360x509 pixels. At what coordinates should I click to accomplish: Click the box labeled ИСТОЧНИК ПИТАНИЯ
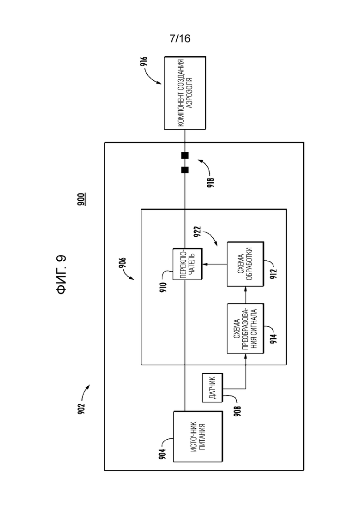click(198, 437)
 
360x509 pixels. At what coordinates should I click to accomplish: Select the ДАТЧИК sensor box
click(212, 388)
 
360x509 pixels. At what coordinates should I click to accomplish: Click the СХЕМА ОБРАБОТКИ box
click(245, 264)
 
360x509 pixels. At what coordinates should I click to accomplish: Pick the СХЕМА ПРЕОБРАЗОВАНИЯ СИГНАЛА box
click(245, 329)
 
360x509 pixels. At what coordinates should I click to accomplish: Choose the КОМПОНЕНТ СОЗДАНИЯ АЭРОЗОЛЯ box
click(185, 93)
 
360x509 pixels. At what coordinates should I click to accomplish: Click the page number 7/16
click(180, 39)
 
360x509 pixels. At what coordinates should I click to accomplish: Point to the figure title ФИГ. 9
click(62, 275)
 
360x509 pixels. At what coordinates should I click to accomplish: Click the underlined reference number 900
click(82, 199)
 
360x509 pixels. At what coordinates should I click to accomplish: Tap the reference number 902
click(81, 408)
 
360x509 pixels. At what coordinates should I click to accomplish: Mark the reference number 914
click(274, 339)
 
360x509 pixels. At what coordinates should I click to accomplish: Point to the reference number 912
click(274, 274)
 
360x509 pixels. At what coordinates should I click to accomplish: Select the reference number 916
click(144, 62)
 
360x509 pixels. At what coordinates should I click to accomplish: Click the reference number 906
click(122, 263)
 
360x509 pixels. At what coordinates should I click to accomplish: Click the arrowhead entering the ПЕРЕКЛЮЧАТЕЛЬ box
click(204, 264)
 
